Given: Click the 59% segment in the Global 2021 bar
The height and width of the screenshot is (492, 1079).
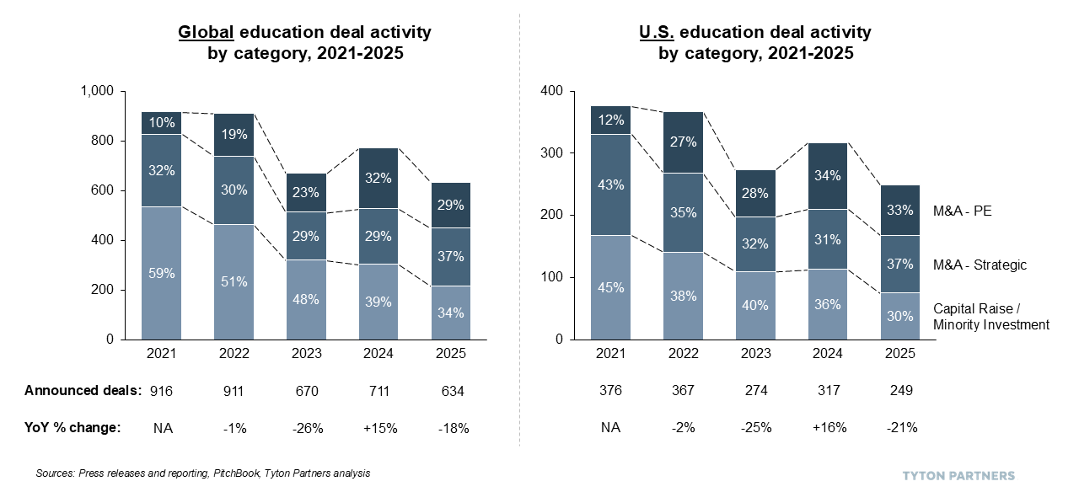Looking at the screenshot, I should click(162, 273).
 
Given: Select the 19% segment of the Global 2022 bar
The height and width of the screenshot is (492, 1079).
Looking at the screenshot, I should click(235, 134).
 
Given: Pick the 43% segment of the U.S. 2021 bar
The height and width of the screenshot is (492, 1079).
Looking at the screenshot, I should click(611, 184).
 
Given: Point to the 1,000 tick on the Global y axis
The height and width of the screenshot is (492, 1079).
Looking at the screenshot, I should click(97, 91).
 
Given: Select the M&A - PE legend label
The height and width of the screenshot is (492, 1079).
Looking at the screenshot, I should click(962, 211).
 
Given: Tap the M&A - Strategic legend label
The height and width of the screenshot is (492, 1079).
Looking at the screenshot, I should click(980, 265).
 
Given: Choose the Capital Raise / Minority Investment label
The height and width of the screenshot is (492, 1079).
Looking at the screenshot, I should click(990, 317).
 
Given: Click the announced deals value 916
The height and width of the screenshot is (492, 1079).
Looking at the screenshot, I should click(162, 391).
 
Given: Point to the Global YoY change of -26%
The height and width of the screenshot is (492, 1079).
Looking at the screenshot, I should click(307, 427).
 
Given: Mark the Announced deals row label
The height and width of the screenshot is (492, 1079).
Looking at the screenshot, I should click(83, 391).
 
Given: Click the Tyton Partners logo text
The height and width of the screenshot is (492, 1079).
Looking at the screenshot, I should click(958, 475).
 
